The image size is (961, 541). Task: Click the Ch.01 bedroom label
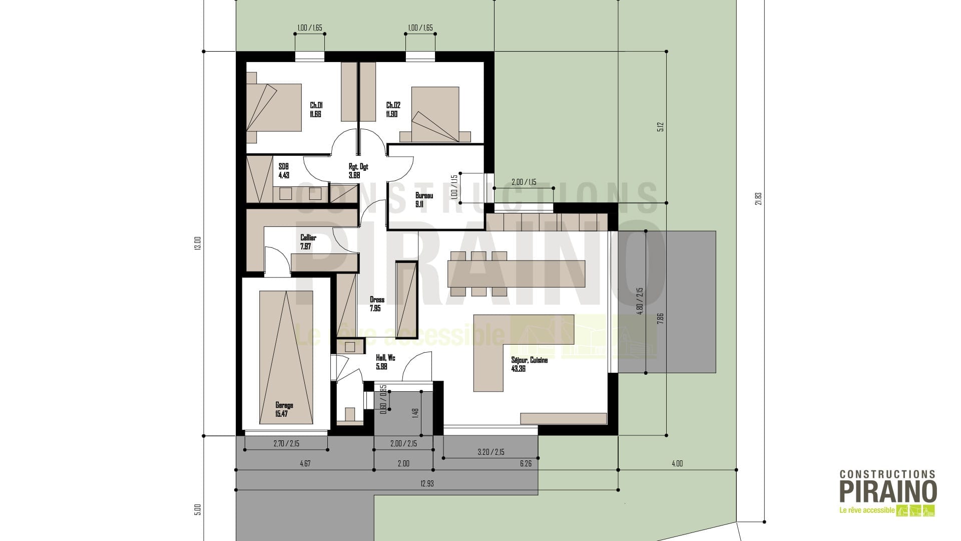[x=316, y=110]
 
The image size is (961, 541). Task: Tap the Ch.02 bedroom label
[x=393, y=110]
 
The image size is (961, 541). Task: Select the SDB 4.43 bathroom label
[x=284, y=171]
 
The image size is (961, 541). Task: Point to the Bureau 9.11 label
[x=423, y=200]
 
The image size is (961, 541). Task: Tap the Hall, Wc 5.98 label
[x=385, y=362]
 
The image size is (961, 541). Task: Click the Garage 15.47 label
[x=284, y=410]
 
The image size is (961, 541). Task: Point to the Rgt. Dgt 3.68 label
[x=358, y=171]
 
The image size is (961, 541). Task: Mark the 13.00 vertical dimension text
[x=198, y=243]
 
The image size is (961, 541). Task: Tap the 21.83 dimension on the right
[x=758, y=199]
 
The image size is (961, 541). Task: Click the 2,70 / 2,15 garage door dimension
[x=286, y=443]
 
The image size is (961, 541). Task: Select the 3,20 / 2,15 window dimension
[x=491, y=452]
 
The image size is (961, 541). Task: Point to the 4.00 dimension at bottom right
[x=677, y=463]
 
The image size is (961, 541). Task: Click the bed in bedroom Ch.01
[x=274, y=108]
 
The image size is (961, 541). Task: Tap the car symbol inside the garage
[x=286, y=357]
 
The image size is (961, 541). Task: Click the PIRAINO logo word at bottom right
[x=887, y=492]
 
